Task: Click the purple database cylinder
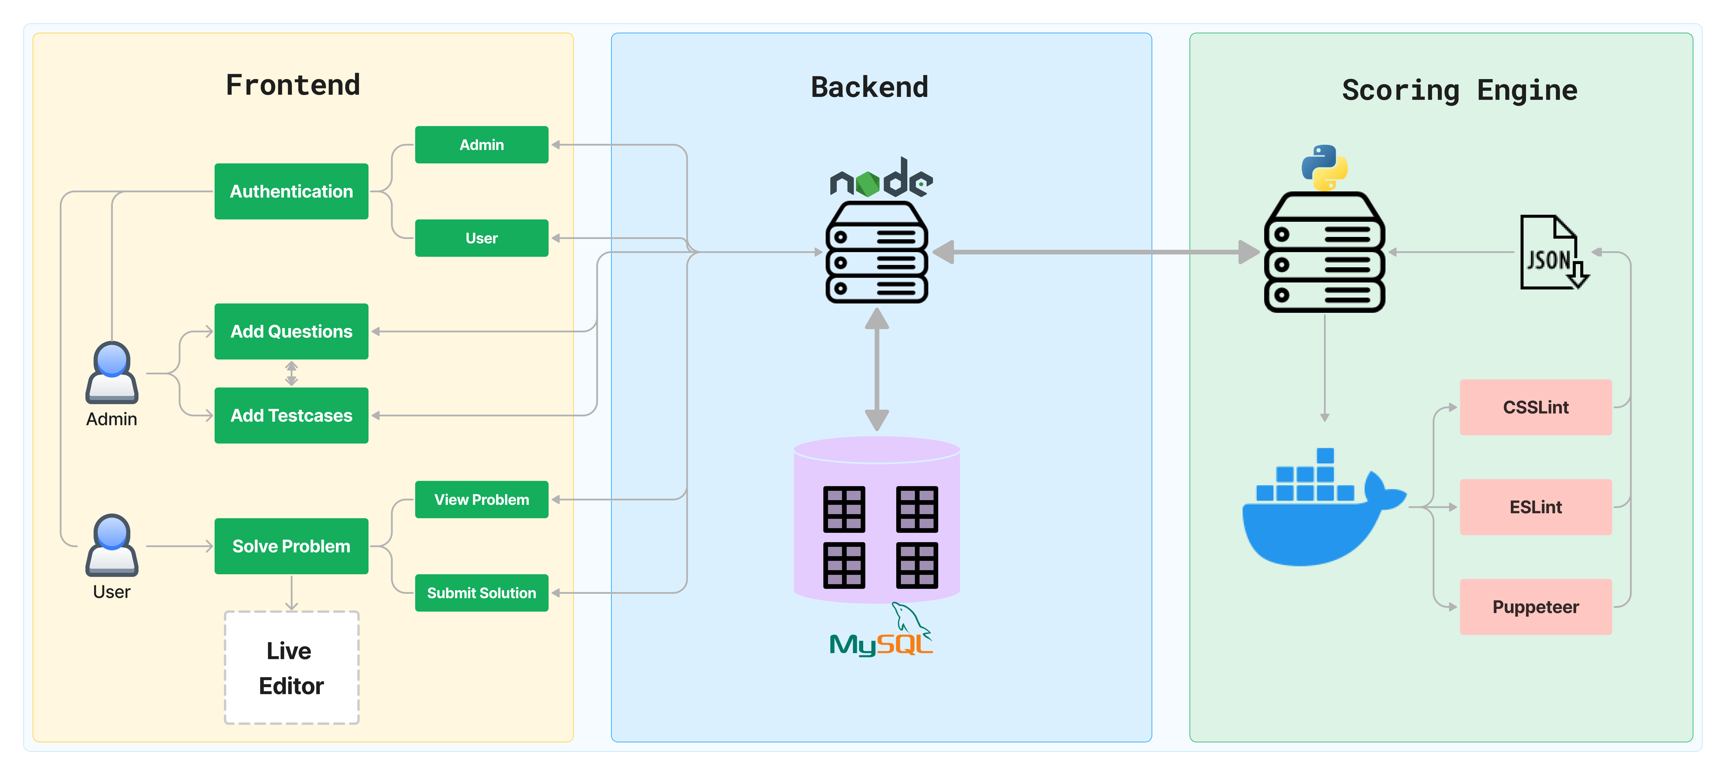click(x=876, y=520)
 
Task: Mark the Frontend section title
click(x=293, y=85)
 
